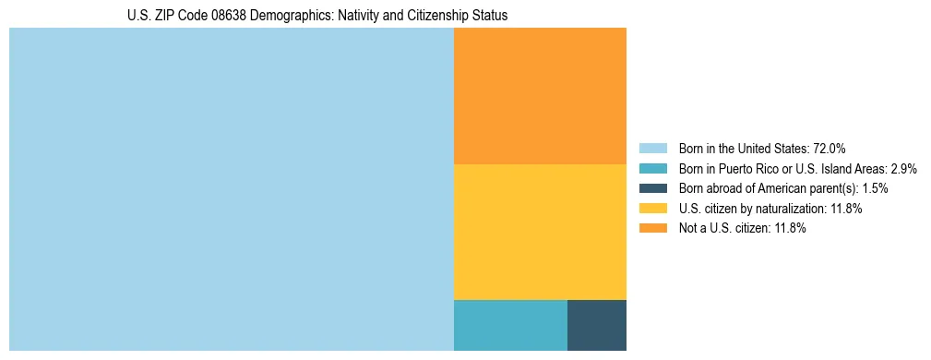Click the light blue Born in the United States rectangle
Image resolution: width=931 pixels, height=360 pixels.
point(231,189)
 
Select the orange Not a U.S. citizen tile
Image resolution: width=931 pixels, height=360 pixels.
point(540,95)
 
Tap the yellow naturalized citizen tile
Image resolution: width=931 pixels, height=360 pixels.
point(540,232)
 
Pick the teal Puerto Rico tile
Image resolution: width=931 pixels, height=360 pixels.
point(510,325)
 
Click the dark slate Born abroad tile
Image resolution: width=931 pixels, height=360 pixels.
point(597,325)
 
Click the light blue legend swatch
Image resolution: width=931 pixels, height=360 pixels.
point(653,149)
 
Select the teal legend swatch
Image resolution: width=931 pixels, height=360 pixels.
point(653,169)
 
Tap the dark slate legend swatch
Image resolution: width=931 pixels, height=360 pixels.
point(653,188)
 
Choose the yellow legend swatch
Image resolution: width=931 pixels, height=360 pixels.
point(653,209)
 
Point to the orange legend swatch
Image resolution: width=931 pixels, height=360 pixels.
point(653,229)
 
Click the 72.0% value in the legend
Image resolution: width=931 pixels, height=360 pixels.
point(828,149)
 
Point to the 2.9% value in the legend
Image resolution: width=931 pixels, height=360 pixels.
point(903,169)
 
